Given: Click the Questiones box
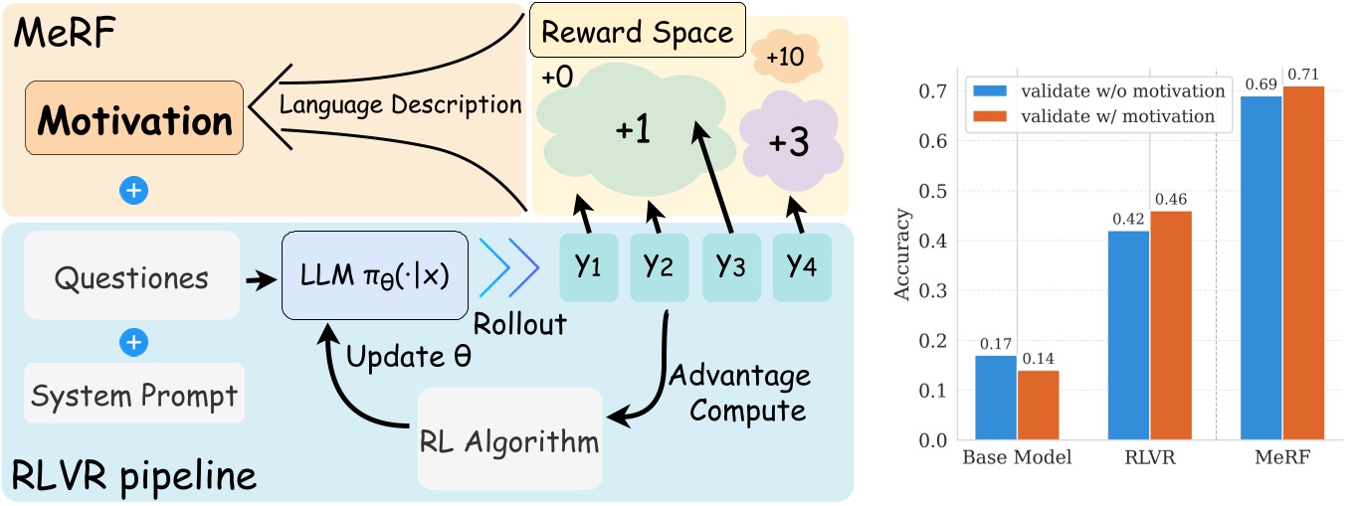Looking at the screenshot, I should click(x=131, y=276).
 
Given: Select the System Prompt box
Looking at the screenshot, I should click(x=133, y=397).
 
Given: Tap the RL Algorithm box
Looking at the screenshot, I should click(x=510, y=438).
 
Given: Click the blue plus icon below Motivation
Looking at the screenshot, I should click(x=132, y=191).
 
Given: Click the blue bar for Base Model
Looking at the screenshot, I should click(x=995, y=398).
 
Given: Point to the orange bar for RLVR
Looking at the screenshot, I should click(x=1170, y=325).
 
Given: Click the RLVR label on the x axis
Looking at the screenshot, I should click(x=1149, y=460).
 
